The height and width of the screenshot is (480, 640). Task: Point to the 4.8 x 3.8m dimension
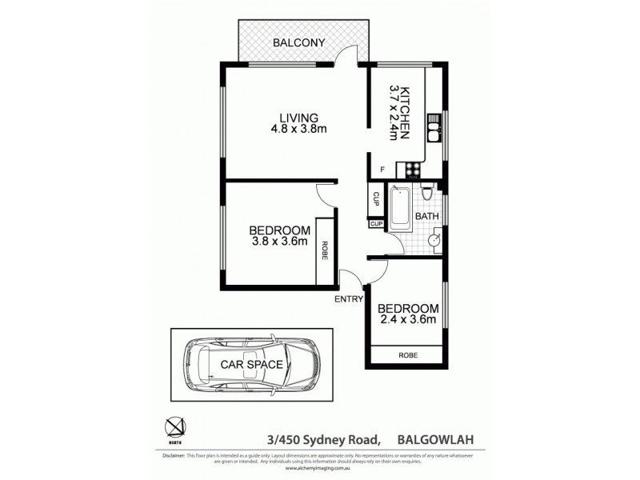point(300,129)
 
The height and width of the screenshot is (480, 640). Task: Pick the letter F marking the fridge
point(382,169)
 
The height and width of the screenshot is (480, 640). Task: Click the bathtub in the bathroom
point(400,208)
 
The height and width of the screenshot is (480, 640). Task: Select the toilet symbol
point(429,194)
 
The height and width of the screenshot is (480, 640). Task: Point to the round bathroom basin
point(435,238)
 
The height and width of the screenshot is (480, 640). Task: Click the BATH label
point(426,216)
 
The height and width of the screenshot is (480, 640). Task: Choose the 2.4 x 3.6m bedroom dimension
point(407,322)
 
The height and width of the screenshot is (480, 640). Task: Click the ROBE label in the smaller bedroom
point(406,354)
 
